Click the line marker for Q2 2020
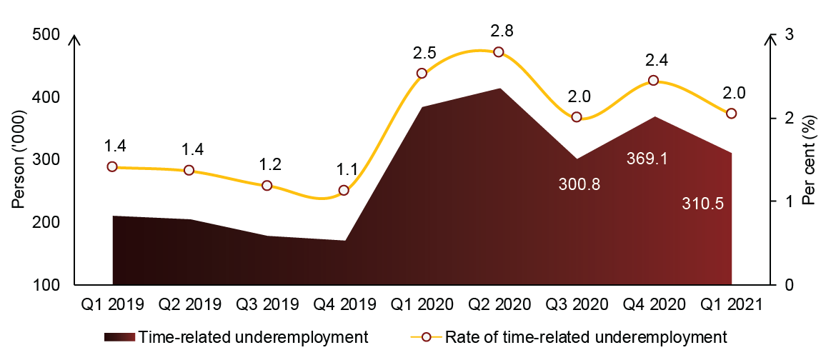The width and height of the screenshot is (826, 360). [x=499, y=52]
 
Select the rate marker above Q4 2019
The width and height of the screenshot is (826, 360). [x=344, y=190]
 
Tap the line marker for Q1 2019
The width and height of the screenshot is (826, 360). [x=111, y=166]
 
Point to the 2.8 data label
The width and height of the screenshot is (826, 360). [x=502, y=31]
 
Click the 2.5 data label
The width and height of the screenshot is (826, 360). [x=424, y=53]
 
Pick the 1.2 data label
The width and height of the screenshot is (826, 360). [x=269, y=164]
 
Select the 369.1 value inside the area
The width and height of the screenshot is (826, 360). [x=647, y=159]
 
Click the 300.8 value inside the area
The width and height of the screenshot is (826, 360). [x=579, y=184]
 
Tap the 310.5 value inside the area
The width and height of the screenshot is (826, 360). [x=703, y=204]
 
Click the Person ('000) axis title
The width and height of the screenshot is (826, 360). [x=19, y=159]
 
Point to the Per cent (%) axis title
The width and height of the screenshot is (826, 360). [x=808, y=160]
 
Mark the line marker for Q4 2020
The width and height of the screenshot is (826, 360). [x=653, y=81]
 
